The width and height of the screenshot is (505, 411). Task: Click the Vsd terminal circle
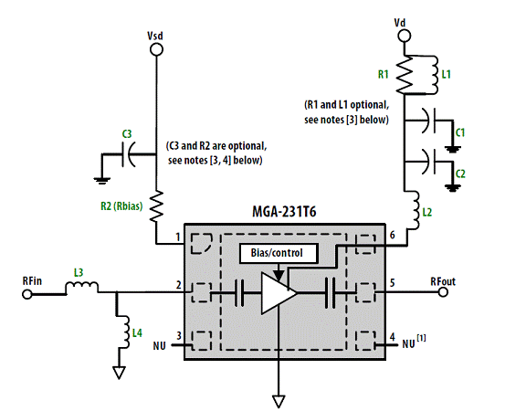pyautogui.click(x=156, y=49)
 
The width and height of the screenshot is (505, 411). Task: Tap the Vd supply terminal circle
pyautogui.click(x=405, y=36)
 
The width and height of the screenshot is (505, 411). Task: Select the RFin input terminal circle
pyautogui.click(x=27, y=294)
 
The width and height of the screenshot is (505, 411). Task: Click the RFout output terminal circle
pyautogui.click(x=444, y=292)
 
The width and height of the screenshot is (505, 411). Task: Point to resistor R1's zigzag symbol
pyautogui.click(x=405, y=75)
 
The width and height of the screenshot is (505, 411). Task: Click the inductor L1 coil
pyautogui.click(x=433, y=75)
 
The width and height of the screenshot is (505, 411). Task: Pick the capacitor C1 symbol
pyautogui.click(x=432, y=121)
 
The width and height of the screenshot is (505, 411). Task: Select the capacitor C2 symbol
pyautogui.click(x=432, y=161)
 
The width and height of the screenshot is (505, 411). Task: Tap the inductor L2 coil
pyautogui.click(x=415, y=210)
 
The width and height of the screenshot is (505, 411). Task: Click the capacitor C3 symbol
pyautogui.click(x=128, y=154)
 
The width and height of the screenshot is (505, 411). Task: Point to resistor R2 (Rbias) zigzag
pyautogui.click(x=156, y=205)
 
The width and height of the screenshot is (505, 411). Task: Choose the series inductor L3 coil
pyautogui.click(x=82, y=287)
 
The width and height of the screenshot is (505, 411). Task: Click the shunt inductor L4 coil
pyautogui.click(x=124, y=332)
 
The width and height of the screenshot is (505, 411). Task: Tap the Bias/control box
pyautogui.click(x=279, y=253)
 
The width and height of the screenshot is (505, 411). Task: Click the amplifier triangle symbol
pyautogui.click(x=279, y=293)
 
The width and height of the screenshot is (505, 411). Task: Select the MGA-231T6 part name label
pyautogui.click(x=284, y=212)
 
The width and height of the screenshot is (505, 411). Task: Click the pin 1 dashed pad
pyautogui.click(x=201, y=244)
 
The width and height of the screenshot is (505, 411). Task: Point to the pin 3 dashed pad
pyautogui.click(x=202, y=341)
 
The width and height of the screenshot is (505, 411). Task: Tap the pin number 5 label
pyautogui.click(x=393, y=283)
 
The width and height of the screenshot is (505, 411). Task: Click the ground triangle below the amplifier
pyautogui.click(x=279, y=401)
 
